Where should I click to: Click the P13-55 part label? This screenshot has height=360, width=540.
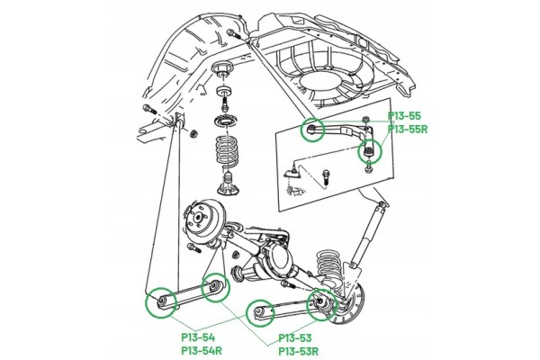(404, 116)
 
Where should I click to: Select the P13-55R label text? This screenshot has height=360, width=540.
(408, 130)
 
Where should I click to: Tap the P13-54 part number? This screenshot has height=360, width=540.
(198, 337)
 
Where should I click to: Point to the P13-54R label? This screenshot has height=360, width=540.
(202, 351)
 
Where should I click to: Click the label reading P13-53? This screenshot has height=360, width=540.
(295, 337)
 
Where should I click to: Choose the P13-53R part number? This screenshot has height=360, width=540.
(298, 351)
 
